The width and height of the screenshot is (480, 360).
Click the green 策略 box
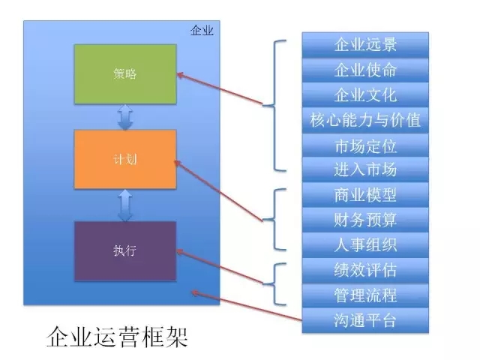[x=125, y=73]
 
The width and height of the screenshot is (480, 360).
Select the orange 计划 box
[x=125, y=159]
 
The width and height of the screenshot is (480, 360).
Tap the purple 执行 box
[x=125, y=250]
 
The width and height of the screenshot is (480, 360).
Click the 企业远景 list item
[x=365, y=45]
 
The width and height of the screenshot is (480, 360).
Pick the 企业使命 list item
[x=365, y=70]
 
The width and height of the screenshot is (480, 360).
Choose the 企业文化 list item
[x=365, y=95]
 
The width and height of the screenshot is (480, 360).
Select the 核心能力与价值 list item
[x=365, y=119]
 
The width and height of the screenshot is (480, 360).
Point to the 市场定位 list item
[x=365, y=145]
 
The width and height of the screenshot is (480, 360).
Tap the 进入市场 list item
[x=365, y=169]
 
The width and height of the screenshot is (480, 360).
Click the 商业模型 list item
[x=365, y=195]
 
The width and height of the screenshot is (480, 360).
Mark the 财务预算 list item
[x=365, y=220]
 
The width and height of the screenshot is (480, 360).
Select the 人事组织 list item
[x=365, y=244]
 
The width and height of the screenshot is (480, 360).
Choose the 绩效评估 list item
[x=365, y=269]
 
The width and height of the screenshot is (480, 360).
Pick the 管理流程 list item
[x=365, y=294]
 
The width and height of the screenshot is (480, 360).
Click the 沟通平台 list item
[x=365, y=320]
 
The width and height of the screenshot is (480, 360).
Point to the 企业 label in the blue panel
[x=202, y=31]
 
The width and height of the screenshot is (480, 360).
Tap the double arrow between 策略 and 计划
[x=125, y=116]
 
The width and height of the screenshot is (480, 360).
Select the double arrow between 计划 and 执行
[x=125, y=204]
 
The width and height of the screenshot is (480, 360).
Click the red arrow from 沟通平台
[x=247, y=306]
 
